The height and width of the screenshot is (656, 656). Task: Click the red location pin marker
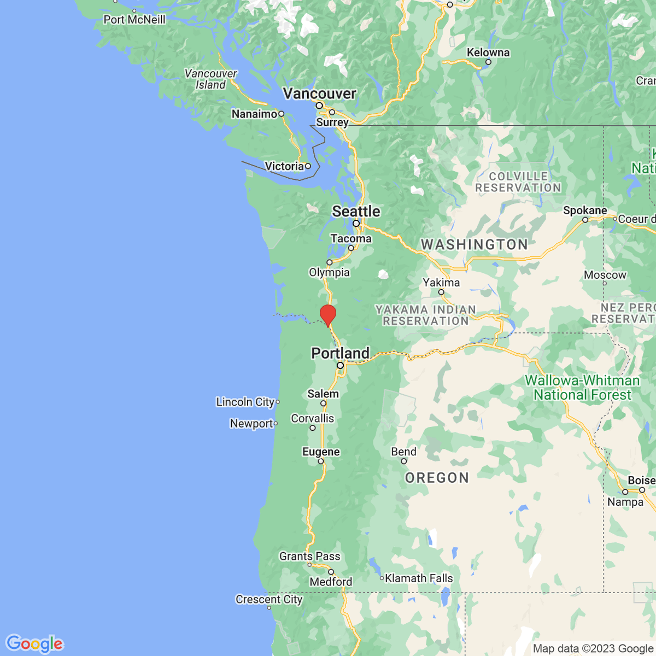click(x=327, y=315)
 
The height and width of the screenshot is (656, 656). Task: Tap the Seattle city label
click(x=356, y=212)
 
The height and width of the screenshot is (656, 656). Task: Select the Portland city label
click(x=340, y=353)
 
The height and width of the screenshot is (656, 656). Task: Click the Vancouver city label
click(x=319, y=93)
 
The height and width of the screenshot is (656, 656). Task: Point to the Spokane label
click(x=585, y=210)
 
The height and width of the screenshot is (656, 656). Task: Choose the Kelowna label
click(x=488, y=52)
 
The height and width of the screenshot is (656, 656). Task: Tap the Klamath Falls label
click(x=419, y=578)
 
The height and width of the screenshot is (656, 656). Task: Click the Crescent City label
click(x=269, y=599)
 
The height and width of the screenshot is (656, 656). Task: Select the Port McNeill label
click(x=134, y=20)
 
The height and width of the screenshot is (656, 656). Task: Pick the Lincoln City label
click(x=245, y=402)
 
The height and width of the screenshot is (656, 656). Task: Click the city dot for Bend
click(x=404, y=461)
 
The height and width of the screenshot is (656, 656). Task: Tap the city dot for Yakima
click(x=441, y=292)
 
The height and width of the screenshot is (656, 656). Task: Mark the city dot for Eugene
click(x=321, y=461)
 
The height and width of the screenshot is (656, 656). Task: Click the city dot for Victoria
click(x=308, y=166)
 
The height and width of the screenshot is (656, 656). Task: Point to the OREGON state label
click(x=437, y=478)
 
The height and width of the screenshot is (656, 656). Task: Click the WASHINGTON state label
click(x=474, y=244)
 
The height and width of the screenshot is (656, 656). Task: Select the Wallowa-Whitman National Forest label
click(x=582, y=388)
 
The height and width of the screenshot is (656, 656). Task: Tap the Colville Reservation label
click(x=518, y=182)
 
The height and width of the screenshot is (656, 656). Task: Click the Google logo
click(x=34, y=643)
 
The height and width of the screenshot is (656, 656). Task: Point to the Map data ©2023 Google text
click(x=593, y=649)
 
